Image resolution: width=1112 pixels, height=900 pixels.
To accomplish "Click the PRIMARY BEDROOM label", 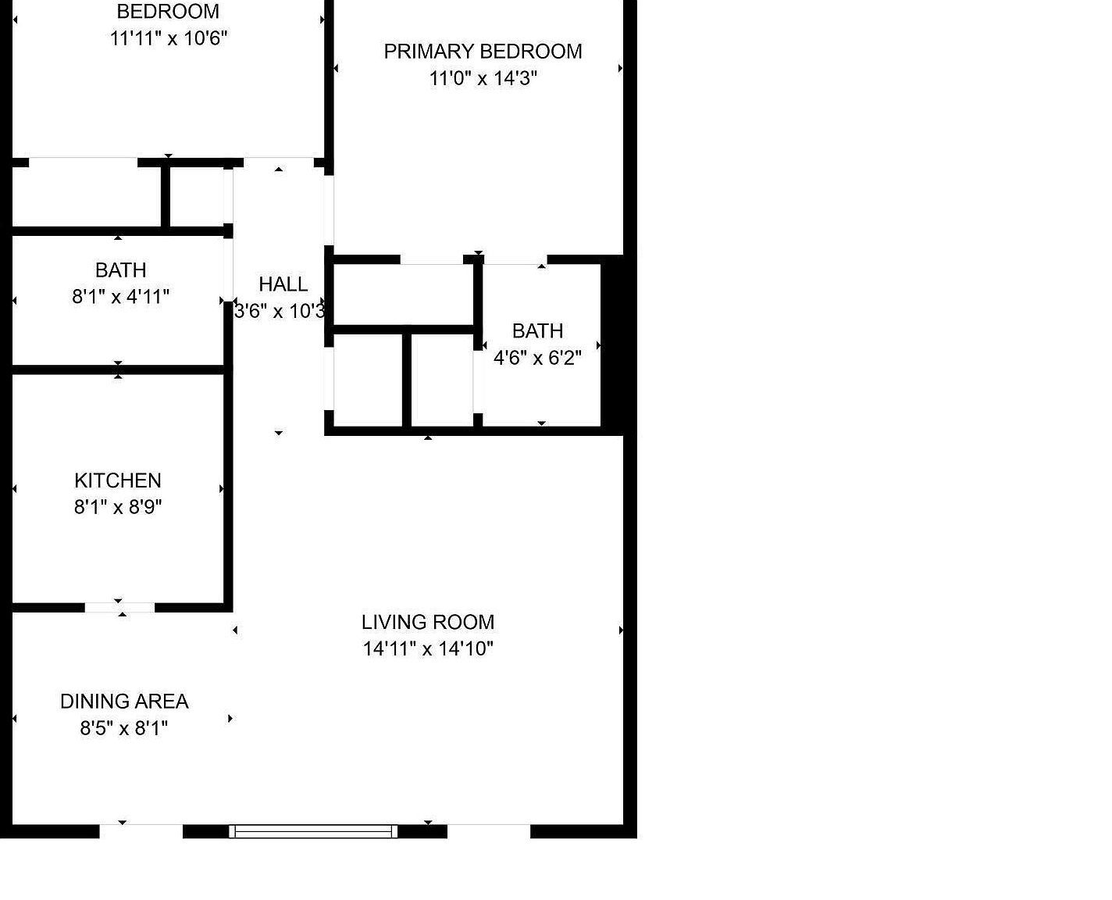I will pos(483,52).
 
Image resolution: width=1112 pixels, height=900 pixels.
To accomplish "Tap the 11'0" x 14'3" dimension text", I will pos(483,78).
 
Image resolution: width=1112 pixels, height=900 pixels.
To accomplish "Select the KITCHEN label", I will pos(118,480).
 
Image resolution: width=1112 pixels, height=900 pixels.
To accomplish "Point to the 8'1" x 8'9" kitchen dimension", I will pos(118,507).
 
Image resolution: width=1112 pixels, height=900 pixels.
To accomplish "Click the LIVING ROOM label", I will pos(427,622).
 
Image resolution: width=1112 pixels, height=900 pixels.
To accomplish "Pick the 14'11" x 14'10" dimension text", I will pos(428,648).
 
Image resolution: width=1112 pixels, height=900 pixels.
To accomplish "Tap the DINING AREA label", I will pos(124,702).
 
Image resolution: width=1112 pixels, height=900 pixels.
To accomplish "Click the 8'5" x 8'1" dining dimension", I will pos(124,728).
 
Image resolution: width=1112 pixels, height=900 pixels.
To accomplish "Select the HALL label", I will pos(283,284).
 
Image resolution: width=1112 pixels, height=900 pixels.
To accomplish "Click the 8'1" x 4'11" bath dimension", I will pos(121,297).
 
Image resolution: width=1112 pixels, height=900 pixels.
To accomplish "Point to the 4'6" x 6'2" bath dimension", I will pos(537,358).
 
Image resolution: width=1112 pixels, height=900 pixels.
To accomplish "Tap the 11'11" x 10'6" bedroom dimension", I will pos(169,38).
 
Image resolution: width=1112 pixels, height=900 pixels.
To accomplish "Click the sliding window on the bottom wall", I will pos(313,831).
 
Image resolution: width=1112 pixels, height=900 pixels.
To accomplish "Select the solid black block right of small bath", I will pos(613,345).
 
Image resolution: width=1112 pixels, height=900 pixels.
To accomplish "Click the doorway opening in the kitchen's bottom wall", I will pos(119,607).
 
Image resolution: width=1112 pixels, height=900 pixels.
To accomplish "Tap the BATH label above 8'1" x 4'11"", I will pos(121,270).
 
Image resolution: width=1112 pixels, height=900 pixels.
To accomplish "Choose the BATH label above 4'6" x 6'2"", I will pos(537,331).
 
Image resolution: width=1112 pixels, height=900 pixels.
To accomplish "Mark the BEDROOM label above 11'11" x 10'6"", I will pos(168,12).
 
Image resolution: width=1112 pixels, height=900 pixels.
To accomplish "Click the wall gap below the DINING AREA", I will pos(141,831).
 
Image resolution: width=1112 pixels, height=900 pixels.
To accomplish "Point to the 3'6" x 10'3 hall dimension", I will pos(280,311).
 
